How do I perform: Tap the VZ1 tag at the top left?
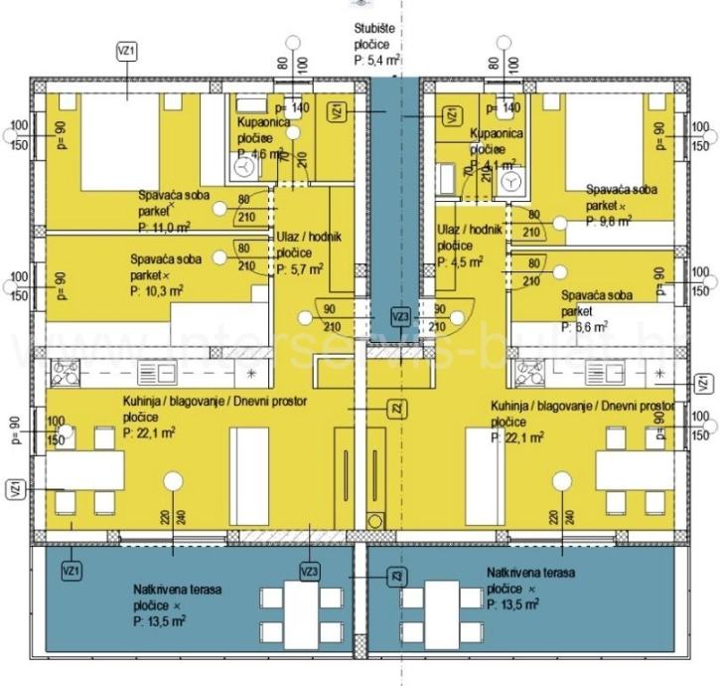point(126,51)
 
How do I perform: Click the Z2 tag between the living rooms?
point(395,408)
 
